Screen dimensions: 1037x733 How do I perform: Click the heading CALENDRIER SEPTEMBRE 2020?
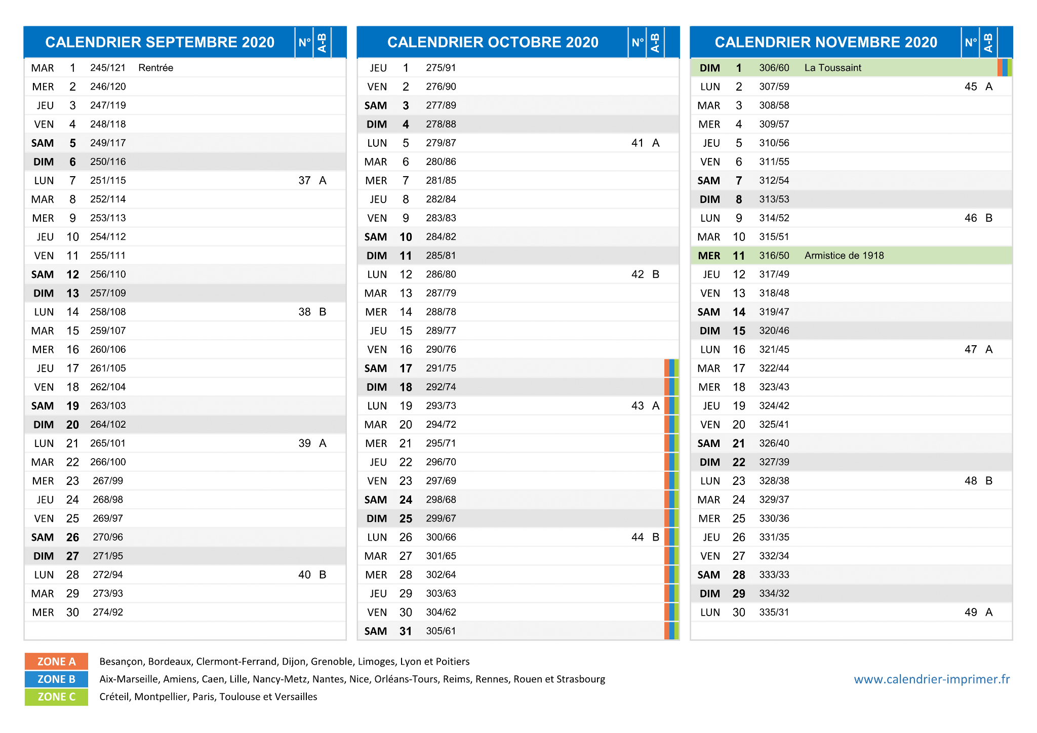click(x=159, y=42)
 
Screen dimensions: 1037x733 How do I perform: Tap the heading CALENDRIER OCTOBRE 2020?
click(x=493, y=42)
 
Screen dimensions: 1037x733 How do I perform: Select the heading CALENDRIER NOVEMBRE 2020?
click(x=826, y=42)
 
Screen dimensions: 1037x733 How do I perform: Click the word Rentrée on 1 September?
click(x=155, y=68)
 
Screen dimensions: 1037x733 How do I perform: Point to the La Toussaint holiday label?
click(x=832, y=68)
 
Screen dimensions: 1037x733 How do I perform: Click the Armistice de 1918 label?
click(x=844, y=256)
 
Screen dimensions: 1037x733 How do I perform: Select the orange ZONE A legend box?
click(x=56, y=662)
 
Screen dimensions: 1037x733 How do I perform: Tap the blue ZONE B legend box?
click(x=56, y=679)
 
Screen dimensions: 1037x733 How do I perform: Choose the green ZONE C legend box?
click(x=56, y=697)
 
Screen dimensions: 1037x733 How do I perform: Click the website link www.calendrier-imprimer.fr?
click(x=932, y=679)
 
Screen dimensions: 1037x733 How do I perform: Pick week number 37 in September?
click(x=304, y=181)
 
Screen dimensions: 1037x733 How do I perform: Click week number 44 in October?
click(x=637, y=537)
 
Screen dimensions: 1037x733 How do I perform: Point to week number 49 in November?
click(x=971, y=613)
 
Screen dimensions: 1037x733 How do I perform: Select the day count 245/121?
click(x=108, y=68)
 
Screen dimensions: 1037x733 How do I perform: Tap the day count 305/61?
click(x=441, y=631)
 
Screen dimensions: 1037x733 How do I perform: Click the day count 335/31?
click(x=774, y=613)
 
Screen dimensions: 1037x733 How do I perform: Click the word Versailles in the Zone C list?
click(x=297, y=697)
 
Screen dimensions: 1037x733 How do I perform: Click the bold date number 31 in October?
click(x=406, y=631)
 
